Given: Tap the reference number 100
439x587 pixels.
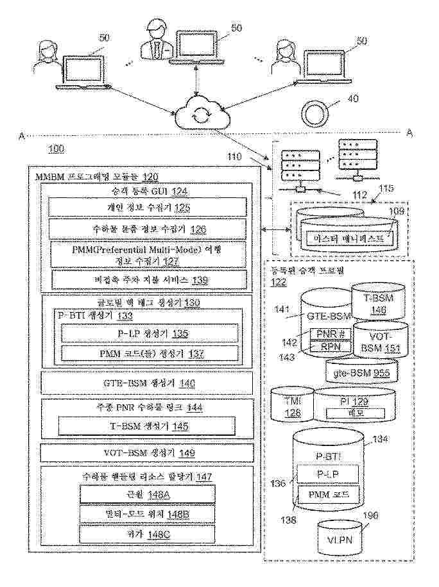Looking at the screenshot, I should point(56,150).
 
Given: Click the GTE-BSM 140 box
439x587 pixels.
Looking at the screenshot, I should point(149,383).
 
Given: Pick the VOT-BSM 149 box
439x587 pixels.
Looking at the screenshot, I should point(149,452).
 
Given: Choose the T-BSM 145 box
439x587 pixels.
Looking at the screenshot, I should point(149,426).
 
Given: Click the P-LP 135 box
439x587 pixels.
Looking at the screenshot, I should point(149,334).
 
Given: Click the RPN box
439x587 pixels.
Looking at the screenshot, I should point(331,346).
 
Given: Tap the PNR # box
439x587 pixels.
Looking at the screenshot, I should point(331,334).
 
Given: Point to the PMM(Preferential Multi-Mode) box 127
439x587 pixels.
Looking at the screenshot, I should point(149,254).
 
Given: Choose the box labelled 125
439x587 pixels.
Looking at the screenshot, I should point(149,207).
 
